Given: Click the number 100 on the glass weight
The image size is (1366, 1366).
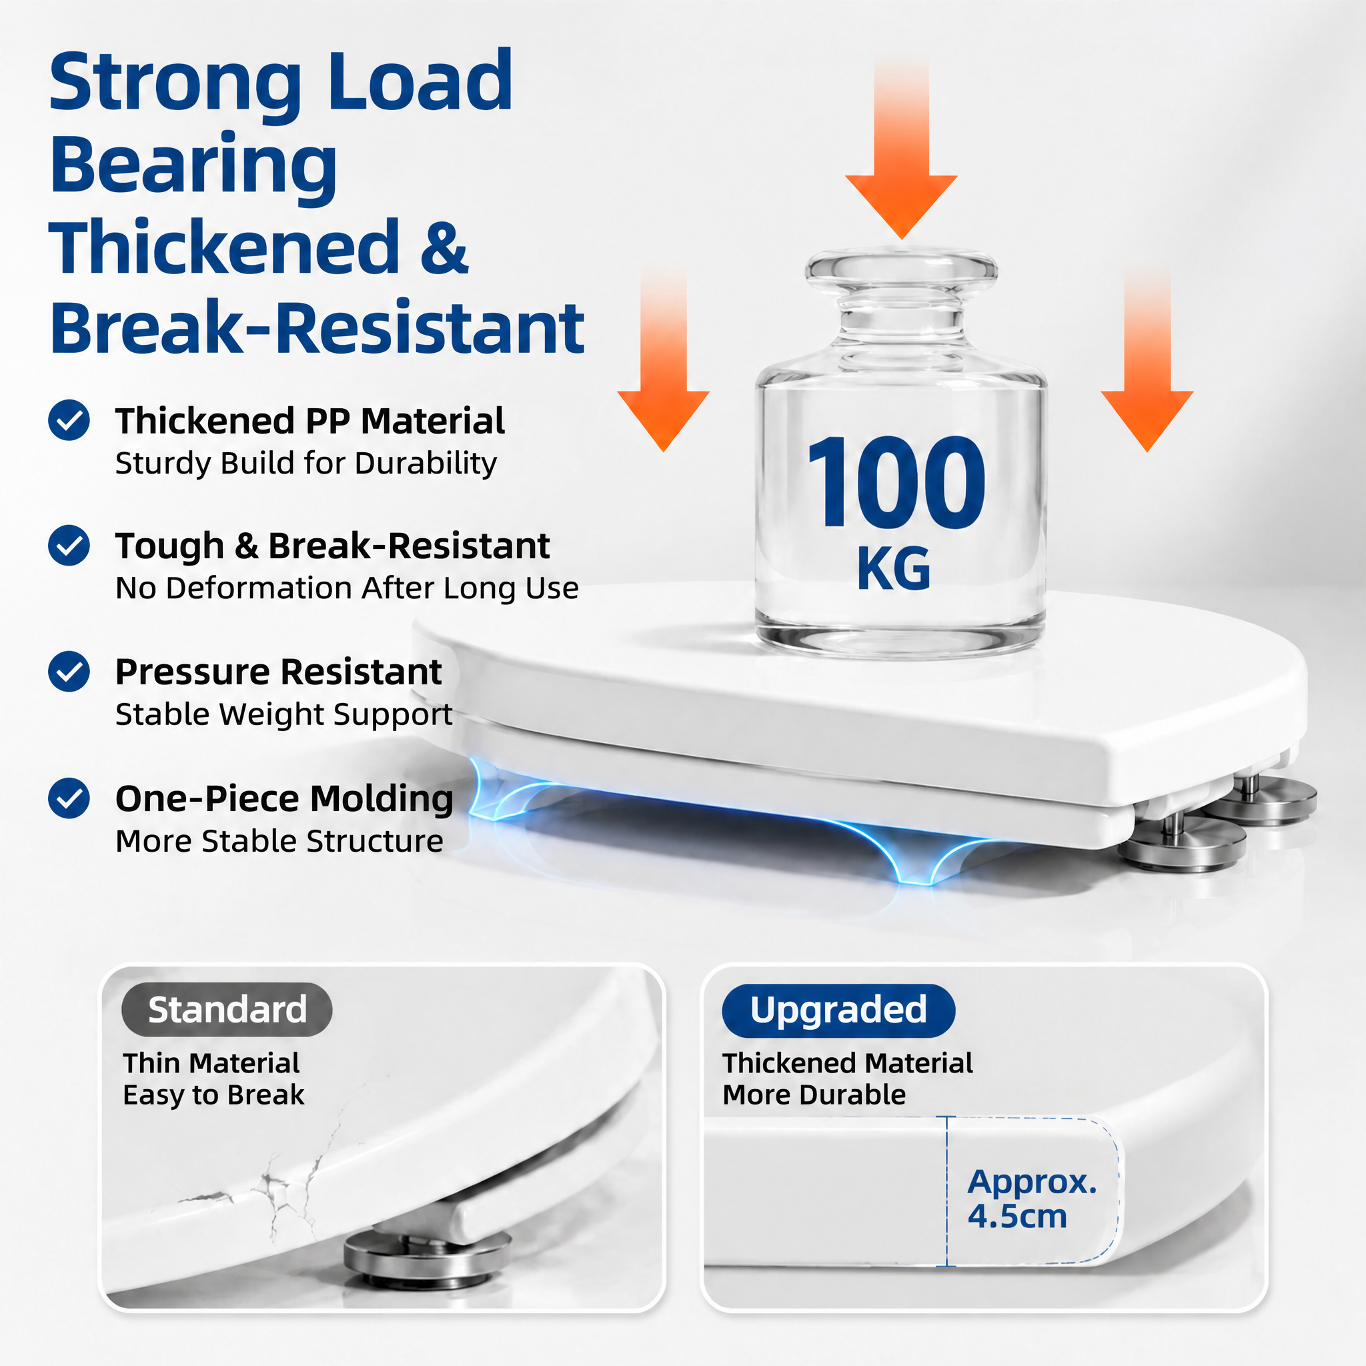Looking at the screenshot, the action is [895, 483].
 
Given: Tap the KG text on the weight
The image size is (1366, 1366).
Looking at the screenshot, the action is [894, 568].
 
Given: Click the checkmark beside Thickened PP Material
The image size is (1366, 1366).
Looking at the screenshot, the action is [69, 420].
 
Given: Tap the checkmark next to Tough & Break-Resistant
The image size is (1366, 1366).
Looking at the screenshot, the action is [69, 545].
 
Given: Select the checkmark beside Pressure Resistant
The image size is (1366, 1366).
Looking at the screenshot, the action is [69, 671].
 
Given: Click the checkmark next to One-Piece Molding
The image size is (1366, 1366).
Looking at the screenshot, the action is [69, 798].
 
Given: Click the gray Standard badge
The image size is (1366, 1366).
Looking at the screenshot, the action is [227, 1010].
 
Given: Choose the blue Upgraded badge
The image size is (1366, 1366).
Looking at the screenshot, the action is [838, 1010].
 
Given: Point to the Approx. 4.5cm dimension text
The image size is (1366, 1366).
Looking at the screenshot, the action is [1032, 1199].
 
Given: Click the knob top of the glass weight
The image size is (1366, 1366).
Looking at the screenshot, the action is [902, 267].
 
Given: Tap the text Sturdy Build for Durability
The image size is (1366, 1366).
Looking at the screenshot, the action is [306, 463].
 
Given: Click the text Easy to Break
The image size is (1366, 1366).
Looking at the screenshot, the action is [213, 1095].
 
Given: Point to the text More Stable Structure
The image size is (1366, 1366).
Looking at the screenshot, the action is [279, 840].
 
